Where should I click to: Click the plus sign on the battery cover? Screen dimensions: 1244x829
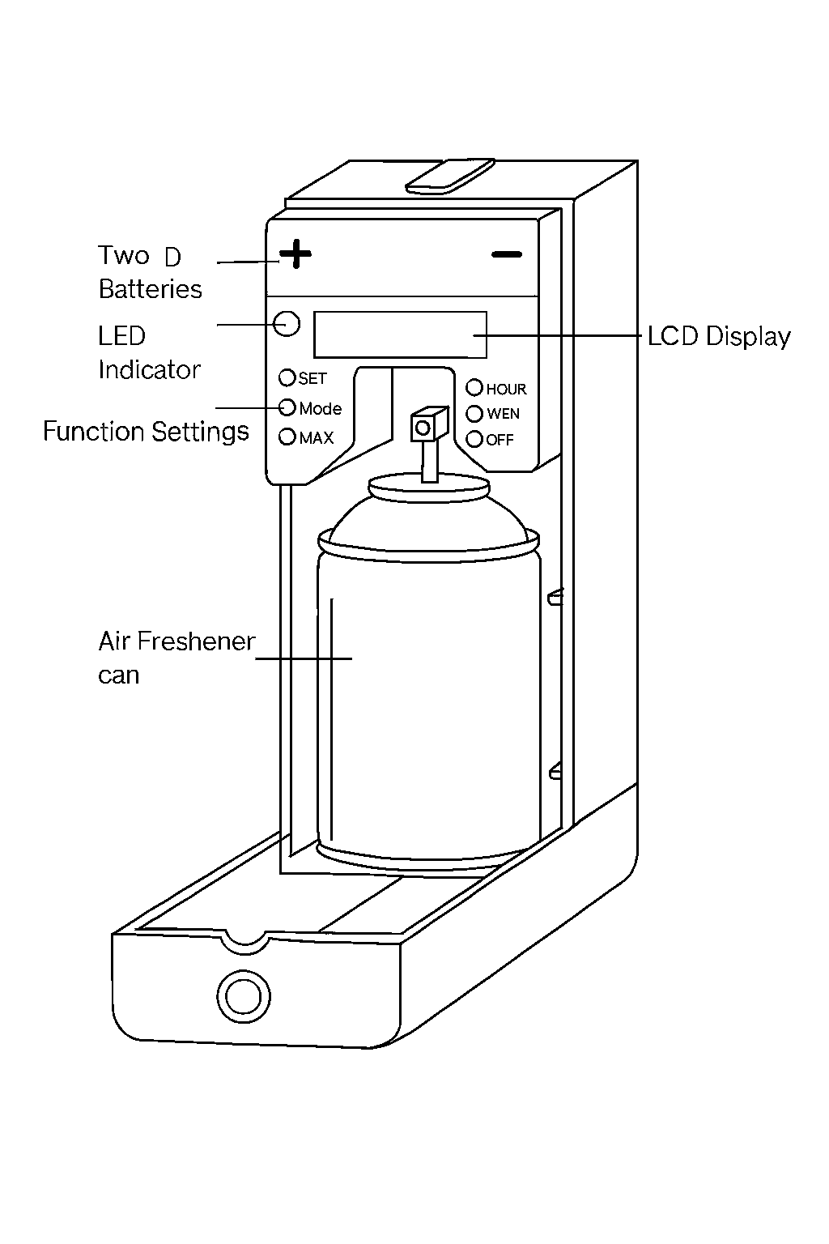295,254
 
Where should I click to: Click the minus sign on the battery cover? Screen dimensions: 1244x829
507,255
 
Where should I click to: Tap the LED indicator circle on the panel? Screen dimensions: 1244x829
287,323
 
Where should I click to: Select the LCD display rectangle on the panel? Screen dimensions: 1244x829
400,334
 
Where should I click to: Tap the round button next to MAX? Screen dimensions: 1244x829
287,437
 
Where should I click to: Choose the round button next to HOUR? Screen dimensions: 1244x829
474,388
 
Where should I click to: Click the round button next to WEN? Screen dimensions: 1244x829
474,413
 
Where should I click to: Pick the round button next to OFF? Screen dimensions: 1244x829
474,439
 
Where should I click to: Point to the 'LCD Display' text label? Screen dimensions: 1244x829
719,337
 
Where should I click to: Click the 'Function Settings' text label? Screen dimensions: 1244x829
146,431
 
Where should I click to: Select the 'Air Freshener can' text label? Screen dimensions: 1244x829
176,657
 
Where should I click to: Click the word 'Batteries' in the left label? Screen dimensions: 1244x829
151,289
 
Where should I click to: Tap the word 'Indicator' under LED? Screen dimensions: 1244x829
149,370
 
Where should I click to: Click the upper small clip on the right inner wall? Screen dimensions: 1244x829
555,599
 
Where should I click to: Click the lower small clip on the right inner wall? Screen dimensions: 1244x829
555,772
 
